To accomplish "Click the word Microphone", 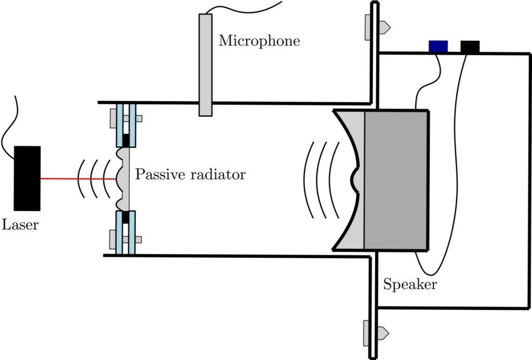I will click(x=259, y=41).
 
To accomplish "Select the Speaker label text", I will click(x=410, y=285).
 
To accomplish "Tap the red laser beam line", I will click(x=78, y=179).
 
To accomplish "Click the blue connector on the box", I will click(x=438, y=46).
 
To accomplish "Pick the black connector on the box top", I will click(x=470, y=46).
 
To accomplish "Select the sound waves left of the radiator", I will click(x=94, y=179).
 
